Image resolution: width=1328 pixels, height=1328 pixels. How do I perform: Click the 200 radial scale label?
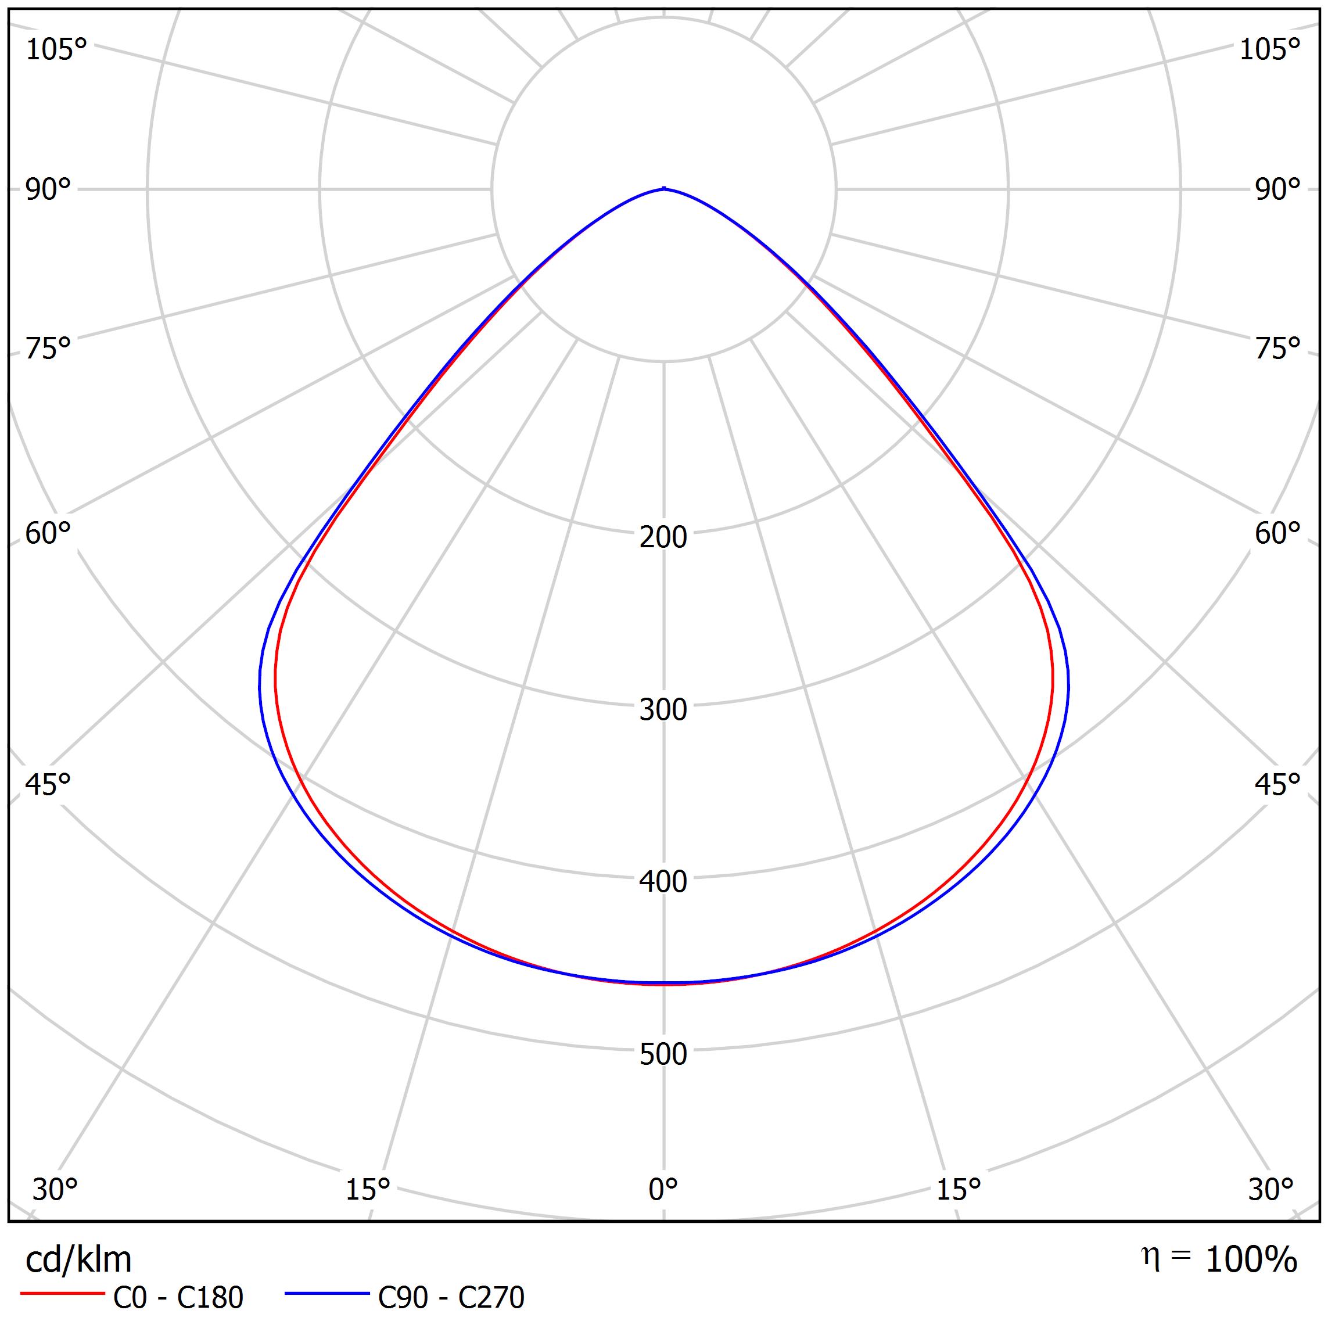pos(663,537)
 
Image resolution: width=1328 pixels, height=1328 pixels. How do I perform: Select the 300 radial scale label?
pos(663,709)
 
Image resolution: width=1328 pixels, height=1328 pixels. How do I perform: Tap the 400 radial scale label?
pos(663,882)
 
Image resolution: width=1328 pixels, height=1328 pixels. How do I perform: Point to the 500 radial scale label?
pos(663,1054)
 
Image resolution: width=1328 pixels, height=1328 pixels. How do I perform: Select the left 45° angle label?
pos(48,784)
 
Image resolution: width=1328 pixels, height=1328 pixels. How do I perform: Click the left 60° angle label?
pos(48,533)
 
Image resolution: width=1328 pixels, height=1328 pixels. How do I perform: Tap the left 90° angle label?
pos(48,190)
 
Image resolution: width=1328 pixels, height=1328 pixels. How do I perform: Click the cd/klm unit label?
pos(78,1260)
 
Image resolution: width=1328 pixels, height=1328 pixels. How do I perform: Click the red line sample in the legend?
pos(62,1294)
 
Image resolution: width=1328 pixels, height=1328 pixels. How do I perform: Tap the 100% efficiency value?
pos(1251,1260)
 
